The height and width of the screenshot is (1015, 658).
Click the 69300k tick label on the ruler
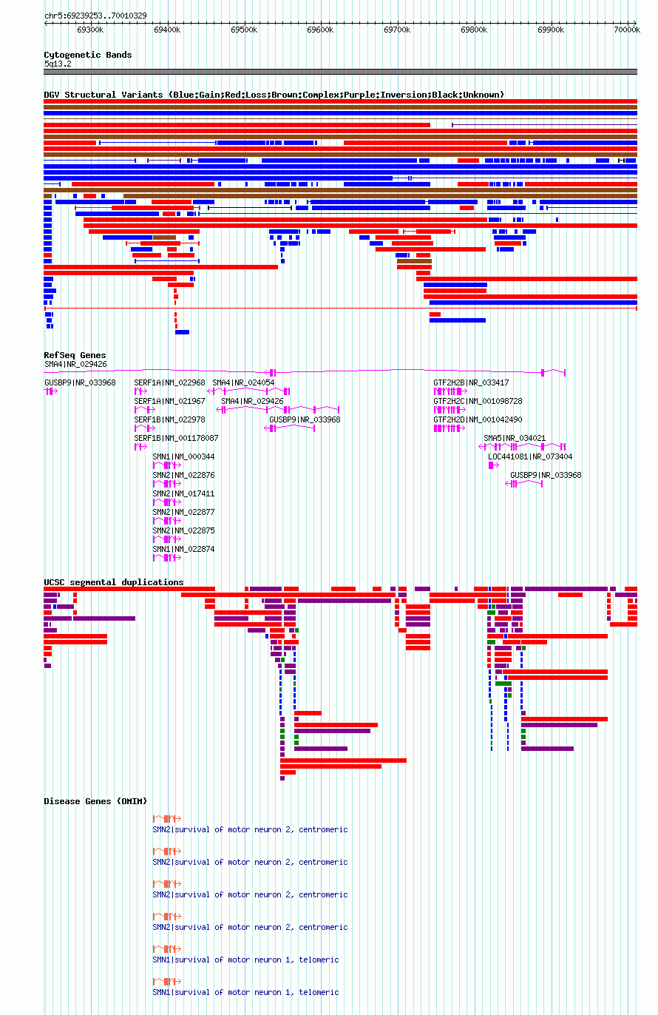point(90,30)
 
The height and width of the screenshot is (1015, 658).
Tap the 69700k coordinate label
point(397,30)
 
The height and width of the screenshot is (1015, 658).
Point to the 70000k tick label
point(627,30)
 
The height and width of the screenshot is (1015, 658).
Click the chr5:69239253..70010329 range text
point(95,16)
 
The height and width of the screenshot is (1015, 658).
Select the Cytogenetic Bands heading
point(88,55)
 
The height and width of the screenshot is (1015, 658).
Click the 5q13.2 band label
point(58,64)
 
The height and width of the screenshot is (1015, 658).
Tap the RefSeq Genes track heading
point(75,355)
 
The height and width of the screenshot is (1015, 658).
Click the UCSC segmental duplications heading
point(114,582)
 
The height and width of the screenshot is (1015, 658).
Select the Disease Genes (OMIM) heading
point(95,801)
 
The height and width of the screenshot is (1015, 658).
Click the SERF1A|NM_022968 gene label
point(169,383)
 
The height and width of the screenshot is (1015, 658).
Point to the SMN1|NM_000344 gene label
point(183,456)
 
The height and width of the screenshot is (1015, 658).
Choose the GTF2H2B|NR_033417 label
point(471,383)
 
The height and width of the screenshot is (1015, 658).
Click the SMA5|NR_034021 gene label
point(515,438)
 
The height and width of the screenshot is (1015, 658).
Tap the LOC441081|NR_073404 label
point(530,456)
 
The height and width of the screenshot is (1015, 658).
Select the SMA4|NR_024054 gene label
point(243,383)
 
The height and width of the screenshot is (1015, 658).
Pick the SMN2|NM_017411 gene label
point(183,494)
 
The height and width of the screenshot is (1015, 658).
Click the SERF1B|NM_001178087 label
point(176,438)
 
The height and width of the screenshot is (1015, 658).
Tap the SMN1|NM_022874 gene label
point(183,549)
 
